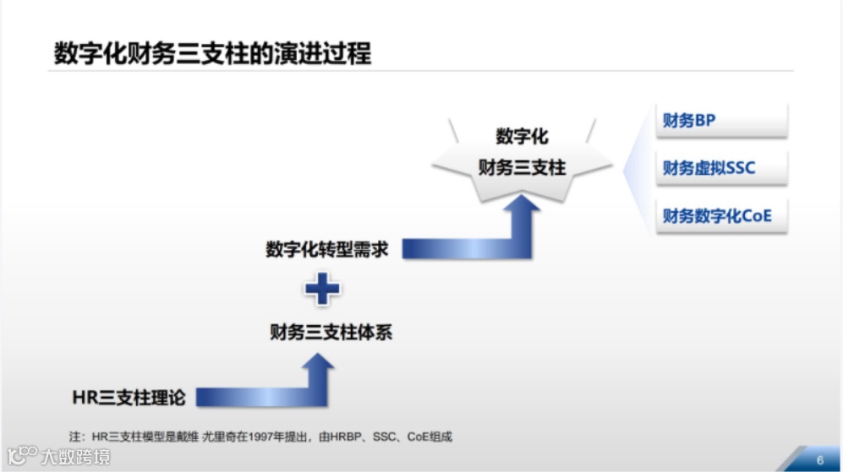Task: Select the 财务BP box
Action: pos(721,121)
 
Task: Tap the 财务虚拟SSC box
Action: pos(721,168)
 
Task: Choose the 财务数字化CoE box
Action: pos(721,216)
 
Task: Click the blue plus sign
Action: pos(322,290)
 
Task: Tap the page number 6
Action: pos(819,459)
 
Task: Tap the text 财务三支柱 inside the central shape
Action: pos(522,167)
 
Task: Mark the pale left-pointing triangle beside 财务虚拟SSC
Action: pos(635,169)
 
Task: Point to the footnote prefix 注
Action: pos(74,437)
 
